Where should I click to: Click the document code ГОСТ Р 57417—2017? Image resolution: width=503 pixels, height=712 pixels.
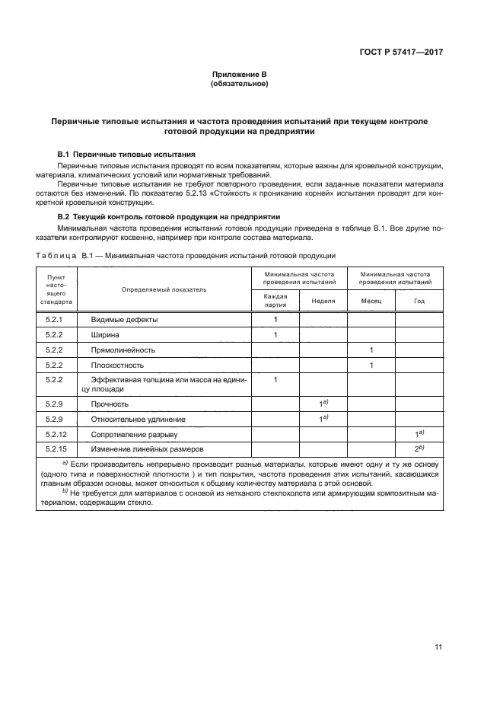pos(401,53)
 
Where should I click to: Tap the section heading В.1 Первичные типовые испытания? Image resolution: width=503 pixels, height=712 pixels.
pos(127,154)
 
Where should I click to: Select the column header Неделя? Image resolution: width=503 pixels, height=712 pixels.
pos(323,300)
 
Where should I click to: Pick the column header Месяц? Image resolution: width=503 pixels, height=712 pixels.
pos(371,300)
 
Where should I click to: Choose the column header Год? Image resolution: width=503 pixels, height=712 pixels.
pos(419,300)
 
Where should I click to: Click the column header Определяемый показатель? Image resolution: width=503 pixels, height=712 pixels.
pos(164,289)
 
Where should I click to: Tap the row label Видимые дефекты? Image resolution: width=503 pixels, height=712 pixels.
pos(124,320)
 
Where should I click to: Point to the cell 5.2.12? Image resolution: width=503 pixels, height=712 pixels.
pos(57,434)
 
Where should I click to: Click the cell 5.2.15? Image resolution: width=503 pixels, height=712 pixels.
pos(57,449)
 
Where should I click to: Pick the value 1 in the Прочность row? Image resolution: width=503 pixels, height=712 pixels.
pos(323,403)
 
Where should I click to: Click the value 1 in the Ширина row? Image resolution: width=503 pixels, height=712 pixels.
pos(275,334)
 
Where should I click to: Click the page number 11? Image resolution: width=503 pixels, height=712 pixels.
pos(438,647)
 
